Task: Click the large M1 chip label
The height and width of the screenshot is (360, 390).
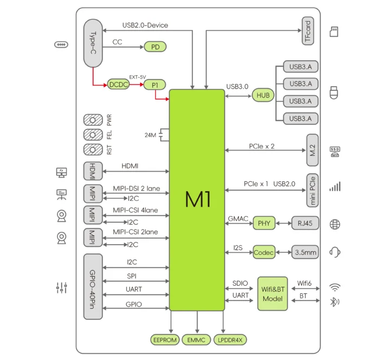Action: [198, 200]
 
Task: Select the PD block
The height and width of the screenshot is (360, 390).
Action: [155, 47]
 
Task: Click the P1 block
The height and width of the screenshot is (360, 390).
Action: [155, 84]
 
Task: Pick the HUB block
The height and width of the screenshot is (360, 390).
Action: [263, 95]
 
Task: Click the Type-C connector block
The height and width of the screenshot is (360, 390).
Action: [94, 43]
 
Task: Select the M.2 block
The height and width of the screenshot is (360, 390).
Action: [313, 149]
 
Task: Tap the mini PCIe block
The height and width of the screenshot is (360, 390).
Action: [313, 190]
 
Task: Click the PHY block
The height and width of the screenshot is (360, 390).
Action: [264, 223]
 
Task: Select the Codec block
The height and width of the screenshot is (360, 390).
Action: [264, 252]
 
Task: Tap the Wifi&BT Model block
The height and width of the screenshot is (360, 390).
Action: [272, 292]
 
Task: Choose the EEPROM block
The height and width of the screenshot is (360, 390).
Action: [164, 340]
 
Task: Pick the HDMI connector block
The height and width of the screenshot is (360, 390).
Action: [93, 171]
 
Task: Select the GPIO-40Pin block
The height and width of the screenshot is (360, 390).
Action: [93, 285]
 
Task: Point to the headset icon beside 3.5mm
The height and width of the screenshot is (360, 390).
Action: [335, 252]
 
